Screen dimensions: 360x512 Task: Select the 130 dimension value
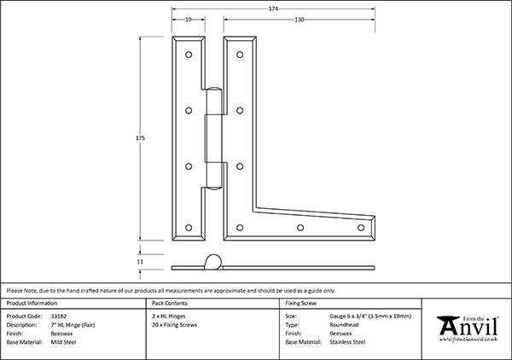pos(300,20)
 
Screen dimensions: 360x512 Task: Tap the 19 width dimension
pos(186,20)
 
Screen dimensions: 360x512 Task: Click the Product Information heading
pos(33,304)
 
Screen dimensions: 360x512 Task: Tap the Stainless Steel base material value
pos(349,341)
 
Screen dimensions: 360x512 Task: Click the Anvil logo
pos(466,327)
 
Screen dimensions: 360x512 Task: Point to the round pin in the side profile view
pos(214,260)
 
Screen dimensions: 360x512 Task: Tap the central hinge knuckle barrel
pos(212,136)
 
